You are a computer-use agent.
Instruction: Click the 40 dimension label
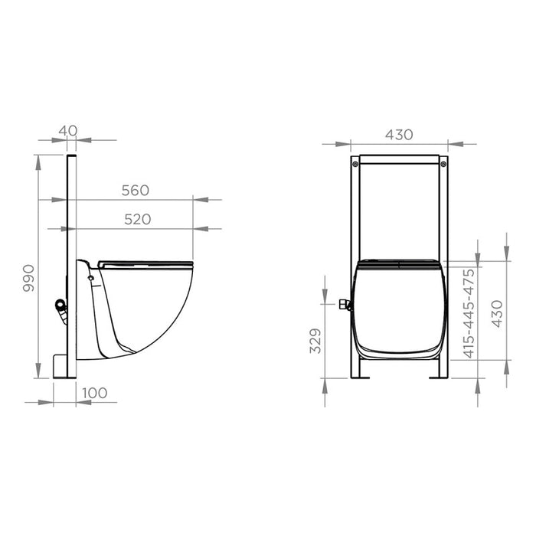pyautogui.click(x=68, y=131)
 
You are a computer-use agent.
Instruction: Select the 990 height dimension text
pyautogui.click(x=29, y=278)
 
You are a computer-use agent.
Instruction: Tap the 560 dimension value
pyautogui.click(x=136, y=191)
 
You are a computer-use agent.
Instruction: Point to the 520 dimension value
pyautogui.click(x=137, y=220)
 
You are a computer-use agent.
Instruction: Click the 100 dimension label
pyautogui.click(x=95, y=393)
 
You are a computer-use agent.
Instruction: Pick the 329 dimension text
pyautogui.click(x=315, y=341)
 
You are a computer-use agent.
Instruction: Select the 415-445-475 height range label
pyautogui.click(x=469, y=313)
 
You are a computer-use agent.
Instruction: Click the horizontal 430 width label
pyautogui.click(x=399, y=135)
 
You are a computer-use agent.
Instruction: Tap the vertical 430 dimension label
pyautogui.click(x=497, y=313)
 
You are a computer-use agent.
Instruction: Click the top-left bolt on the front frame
pyautogui.click(x=355, y=165)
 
